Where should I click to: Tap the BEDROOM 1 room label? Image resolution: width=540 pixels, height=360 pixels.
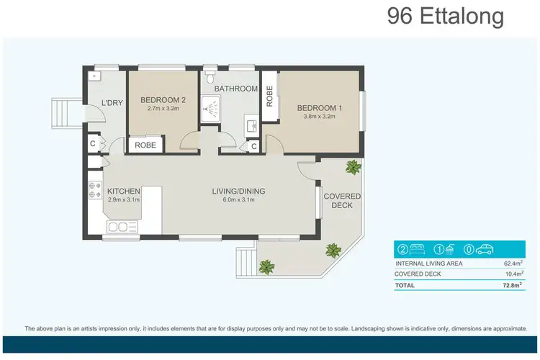[317, 109]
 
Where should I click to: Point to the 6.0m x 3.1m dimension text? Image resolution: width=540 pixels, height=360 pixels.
[238, 200]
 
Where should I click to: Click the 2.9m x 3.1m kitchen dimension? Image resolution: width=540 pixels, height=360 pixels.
[123, 200]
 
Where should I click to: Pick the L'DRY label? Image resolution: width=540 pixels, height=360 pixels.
[112, 103]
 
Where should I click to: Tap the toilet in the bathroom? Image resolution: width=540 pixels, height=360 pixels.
[210, 75]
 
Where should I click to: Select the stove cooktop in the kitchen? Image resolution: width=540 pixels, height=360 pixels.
[94, 189]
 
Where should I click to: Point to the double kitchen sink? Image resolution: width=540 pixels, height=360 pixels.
[122, 228]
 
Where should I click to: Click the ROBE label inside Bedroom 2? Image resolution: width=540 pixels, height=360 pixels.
[145, 145]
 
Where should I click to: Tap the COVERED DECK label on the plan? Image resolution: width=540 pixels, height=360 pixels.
[341, 201]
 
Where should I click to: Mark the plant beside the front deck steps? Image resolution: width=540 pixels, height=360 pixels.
[266, 267]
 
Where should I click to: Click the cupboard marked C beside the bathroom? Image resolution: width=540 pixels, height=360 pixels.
[253, 146]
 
